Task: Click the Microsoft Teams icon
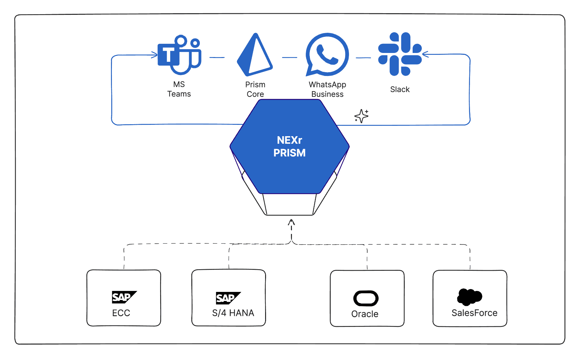pos(179,55)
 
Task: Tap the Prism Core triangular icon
pos(254,55)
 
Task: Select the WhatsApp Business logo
pos(327,55)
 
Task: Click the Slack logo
pos(400,54)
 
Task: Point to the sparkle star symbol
pos(361,116)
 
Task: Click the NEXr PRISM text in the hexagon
pos(289,146)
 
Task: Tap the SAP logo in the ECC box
pos(124,297)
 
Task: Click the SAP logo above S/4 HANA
pos(228,298)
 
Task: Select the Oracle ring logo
pos(366,298)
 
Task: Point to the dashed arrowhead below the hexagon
pos(291,223)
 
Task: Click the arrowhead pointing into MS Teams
pos(155,55)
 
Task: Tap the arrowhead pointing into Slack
pos(425,55)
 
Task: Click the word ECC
pos(121,313)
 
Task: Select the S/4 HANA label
pos(233,313)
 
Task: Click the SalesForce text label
pos(474,313)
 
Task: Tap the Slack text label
pos(400,90)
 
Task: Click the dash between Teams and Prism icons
pos(217,57)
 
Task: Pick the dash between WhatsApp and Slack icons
pos(363,58)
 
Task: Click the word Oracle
pos(365,314)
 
